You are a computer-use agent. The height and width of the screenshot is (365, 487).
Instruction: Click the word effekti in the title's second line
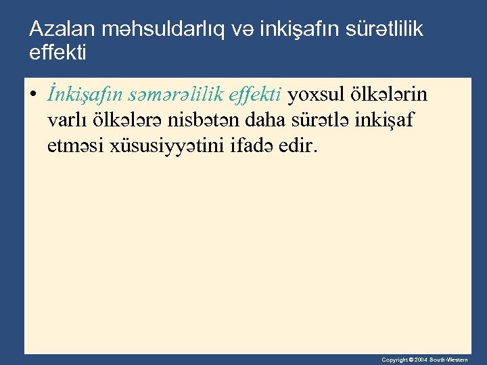click(58, 52)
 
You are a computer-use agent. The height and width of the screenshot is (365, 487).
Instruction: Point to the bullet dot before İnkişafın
click(33, 96)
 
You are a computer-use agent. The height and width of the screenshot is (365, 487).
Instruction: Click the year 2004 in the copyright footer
click(420, 360)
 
